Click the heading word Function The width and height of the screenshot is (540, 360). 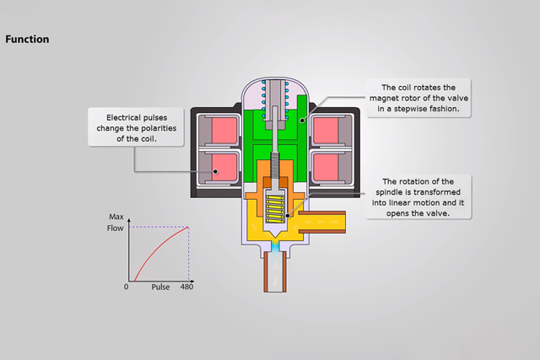pos(27,39)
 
